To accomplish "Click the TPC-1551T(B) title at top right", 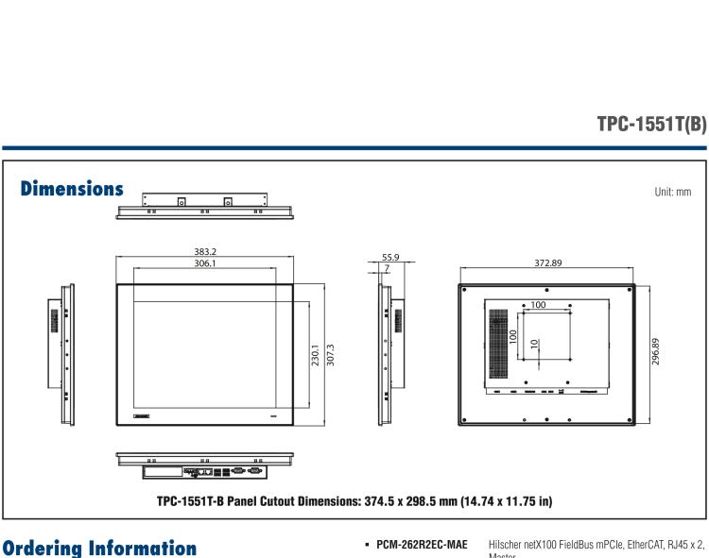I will (x=651, y=125).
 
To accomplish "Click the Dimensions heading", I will (x=72, y=189).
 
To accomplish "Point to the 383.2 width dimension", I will (x=204, y=253).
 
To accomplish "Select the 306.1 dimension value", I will (x=204, y=265).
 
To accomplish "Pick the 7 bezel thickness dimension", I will (x=387, y=269).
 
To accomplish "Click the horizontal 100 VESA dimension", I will (x=537, y=305).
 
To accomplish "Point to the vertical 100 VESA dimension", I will (x=513, y=337).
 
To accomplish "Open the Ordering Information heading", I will (x=99, y=549).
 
